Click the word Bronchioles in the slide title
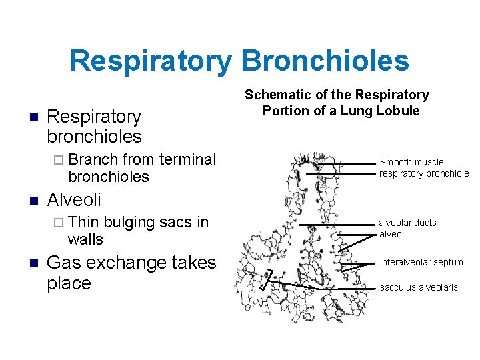(x=325, y=61)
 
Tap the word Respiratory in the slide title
(x=151, y=61)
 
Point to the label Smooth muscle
(x=411, y=162)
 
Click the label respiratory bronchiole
(x=424, y=173)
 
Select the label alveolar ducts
(x=407, y=223)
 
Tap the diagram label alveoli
(x=393, y=234)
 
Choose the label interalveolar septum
(x=421, y=262)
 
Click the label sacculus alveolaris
(x=419, y=287)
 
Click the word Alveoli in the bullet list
(x=74, y=199)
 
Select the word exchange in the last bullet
(x=125, y=263)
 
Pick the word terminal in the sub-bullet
(x=188, y=159)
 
